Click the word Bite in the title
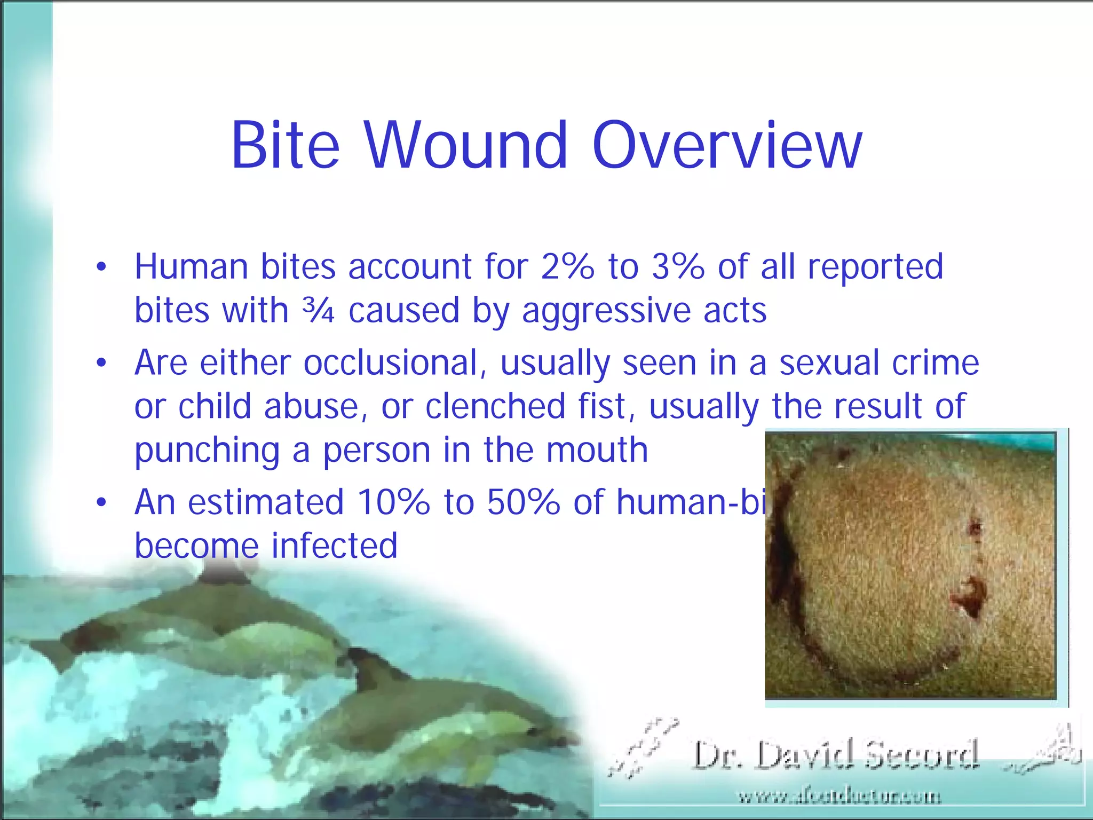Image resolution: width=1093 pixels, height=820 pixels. click(285, 145)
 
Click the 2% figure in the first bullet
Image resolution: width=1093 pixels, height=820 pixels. click(567, 266)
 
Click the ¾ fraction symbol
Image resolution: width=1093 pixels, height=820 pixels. click(318, 310)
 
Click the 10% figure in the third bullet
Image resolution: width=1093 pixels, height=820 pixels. click(393, 502)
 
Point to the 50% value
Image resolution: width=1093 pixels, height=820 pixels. click(523, 502)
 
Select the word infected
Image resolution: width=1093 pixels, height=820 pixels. click(334, 546)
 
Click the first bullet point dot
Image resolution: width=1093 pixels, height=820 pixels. click(101, 266)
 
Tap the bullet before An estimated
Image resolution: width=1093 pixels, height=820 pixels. click(101, 502)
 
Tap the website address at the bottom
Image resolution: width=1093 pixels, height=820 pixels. click(839, 797)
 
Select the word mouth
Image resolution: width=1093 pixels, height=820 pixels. click(597, 450)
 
